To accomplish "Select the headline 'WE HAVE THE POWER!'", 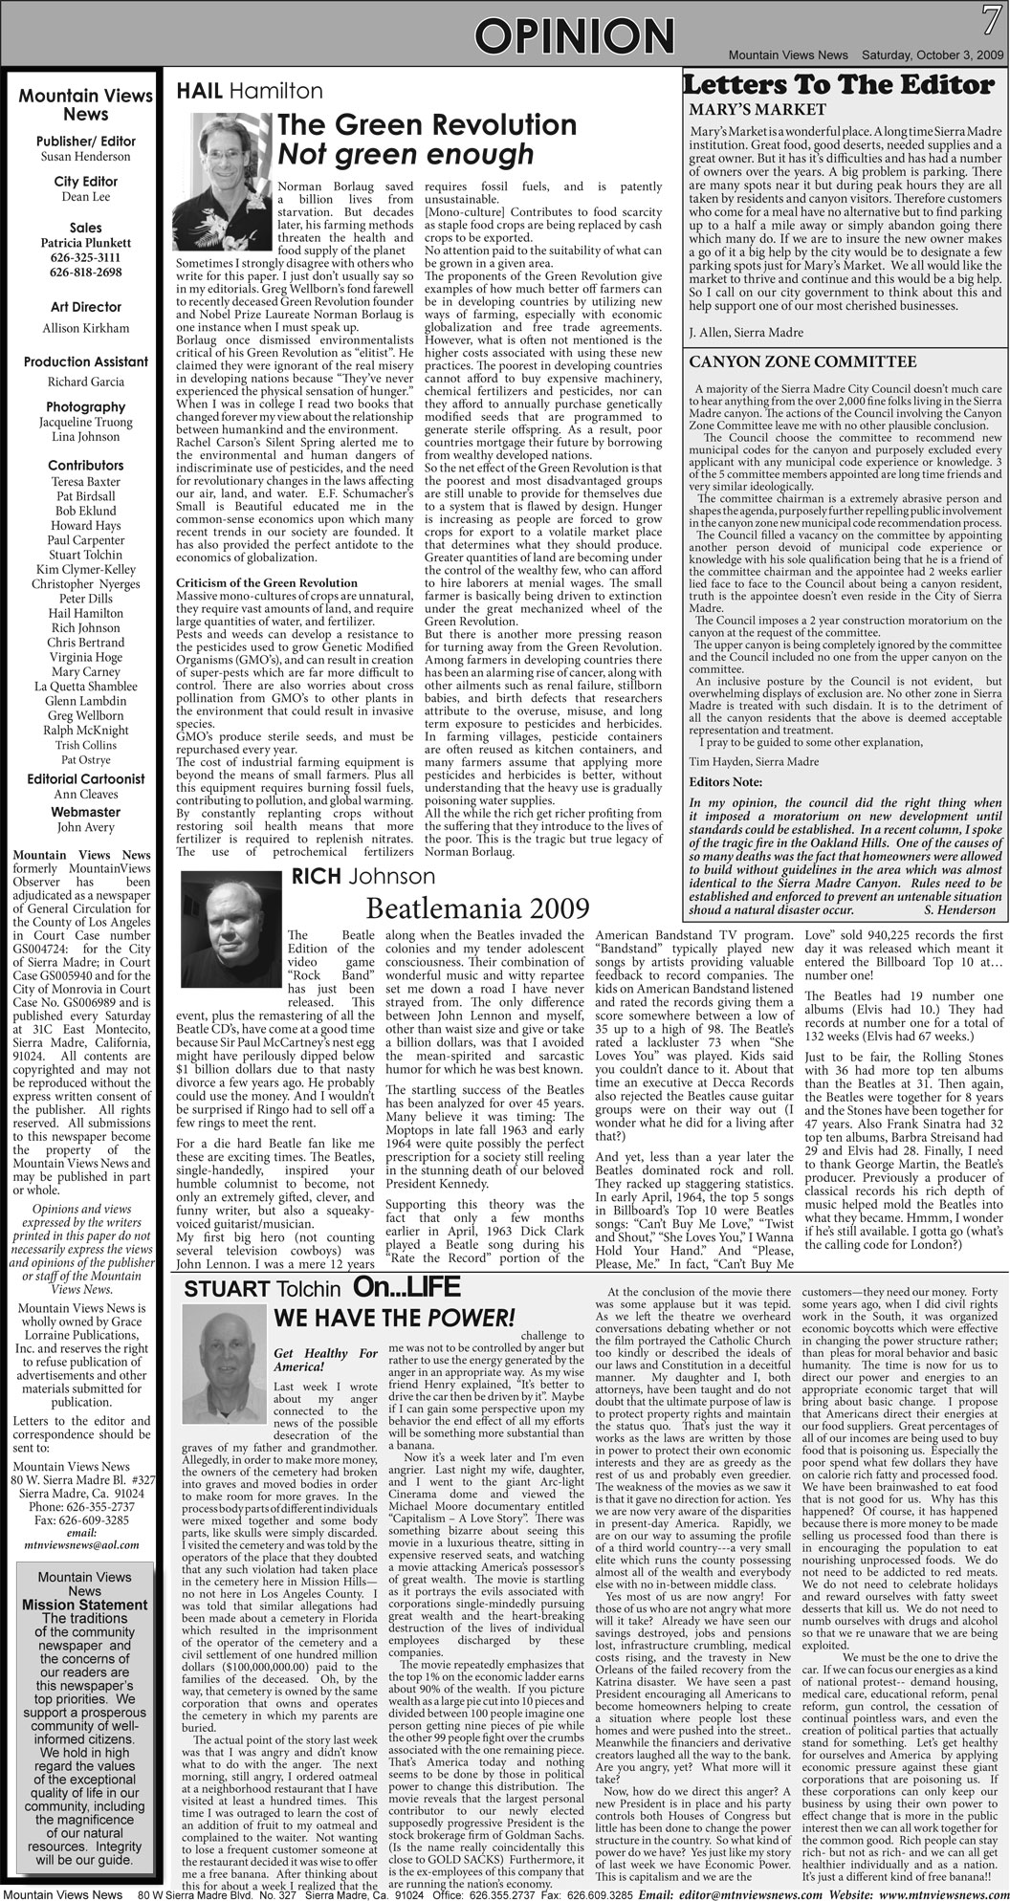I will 394,1318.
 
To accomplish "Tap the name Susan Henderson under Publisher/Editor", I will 85,157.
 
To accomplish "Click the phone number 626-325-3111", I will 85,257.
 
